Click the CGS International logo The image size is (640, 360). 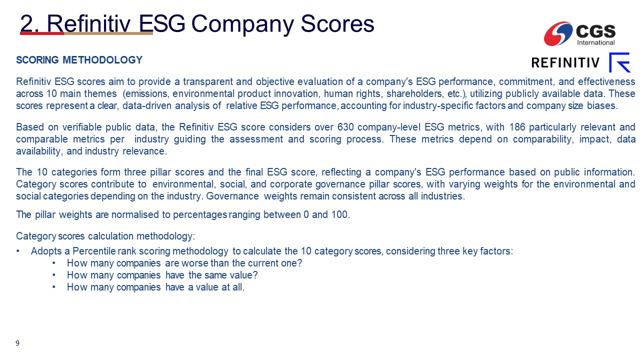coord(579,33)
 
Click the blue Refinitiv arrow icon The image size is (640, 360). coord(619,62)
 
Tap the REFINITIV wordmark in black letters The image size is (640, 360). coord(565,62)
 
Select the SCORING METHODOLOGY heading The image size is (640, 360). coord(79,60)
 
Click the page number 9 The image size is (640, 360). coord(17,343)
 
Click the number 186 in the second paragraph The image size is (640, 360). coord(517,127)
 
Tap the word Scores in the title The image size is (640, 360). coord(337,23)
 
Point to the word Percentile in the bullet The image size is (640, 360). coord(94,251)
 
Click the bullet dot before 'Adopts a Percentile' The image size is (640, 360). coord(18,251)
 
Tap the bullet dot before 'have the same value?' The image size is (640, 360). coord(54,275)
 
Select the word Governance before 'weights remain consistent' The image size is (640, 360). coord(232,196)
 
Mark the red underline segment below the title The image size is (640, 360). coord(42,33)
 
